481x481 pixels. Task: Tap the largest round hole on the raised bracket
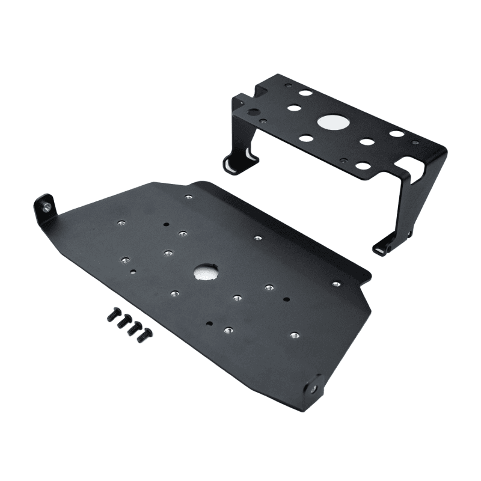click(x=334, y=122)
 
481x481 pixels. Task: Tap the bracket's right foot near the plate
click(x=385, y=244)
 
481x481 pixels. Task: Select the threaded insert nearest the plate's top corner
click(x=189, y=197)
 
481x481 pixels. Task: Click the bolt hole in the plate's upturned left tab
click(x=46, y=208)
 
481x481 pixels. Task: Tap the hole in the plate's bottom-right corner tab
click(x=314, y=388)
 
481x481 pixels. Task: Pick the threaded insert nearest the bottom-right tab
click(x=293, y=335)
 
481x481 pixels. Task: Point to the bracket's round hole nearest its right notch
click(x=397, y=134)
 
